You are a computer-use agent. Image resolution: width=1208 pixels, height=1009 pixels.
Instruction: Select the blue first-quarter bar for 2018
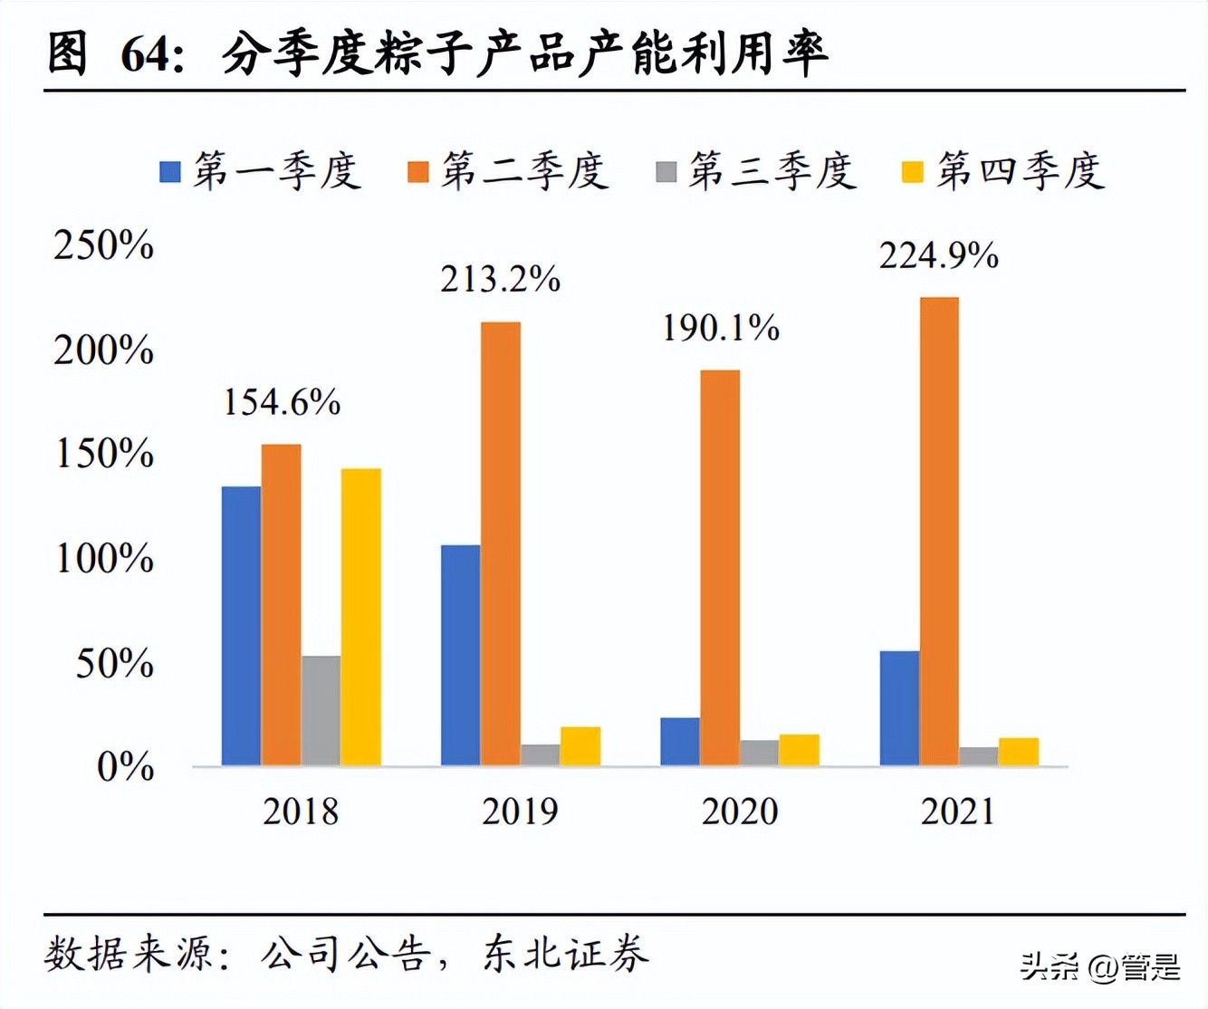point(241,626)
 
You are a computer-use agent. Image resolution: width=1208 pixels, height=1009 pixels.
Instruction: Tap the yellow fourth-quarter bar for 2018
point(360,617)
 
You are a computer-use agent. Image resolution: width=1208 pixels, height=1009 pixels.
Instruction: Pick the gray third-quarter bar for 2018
point(321,710)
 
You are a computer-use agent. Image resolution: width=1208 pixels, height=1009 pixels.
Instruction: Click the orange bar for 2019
point(501,543)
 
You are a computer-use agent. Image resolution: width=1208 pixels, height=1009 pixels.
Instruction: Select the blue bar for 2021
point(899,707)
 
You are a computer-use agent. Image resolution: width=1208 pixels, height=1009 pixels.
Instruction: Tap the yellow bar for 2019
point(580,745)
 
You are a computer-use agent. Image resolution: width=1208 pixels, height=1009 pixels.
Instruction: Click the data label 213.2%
point(500,279)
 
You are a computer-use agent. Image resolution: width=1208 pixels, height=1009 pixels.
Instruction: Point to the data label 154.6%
point(282,402)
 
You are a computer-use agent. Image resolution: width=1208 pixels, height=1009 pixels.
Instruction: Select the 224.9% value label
point(938,255)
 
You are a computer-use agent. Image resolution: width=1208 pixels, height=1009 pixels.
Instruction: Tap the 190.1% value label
point(720,328)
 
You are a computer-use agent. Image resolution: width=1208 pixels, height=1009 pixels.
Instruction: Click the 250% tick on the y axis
point(103,245)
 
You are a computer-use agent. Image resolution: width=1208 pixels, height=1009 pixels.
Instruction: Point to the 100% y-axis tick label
point(104,559)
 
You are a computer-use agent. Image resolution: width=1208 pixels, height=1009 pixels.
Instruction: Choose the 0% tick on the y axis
point(125,767)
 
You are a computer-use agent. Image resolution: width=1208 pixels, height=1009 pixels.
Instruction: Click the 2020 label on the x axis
point(739,812)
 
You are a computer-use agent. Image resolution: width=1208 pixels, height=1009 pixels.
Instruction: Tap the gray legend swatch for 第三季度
point(666,171)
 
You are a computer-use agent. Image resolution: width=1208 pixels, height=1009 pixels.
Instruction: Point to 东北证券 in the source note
point(566,954)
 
